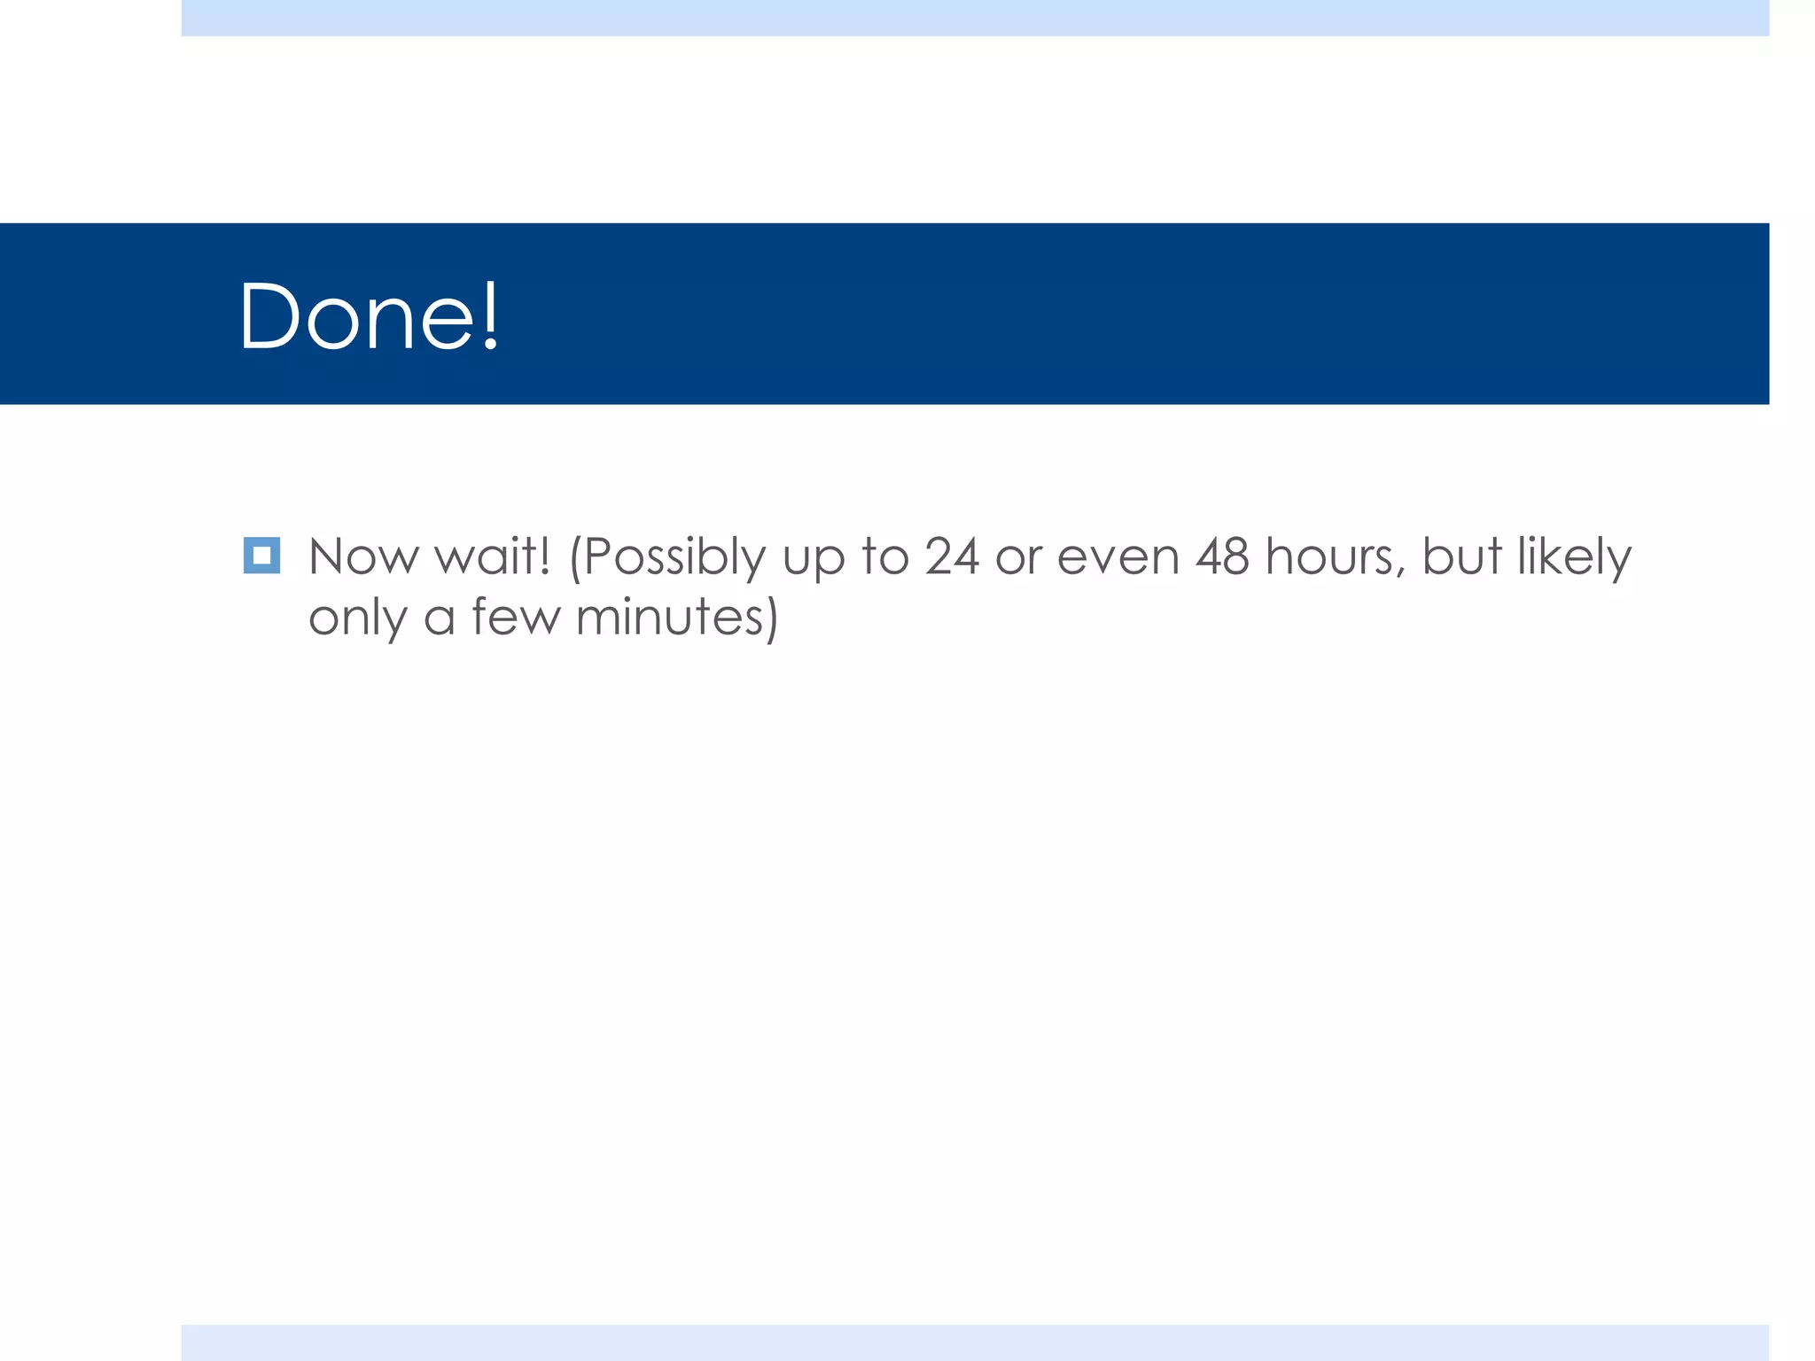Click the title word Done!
point(369,316)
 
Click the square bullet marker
point(261,556)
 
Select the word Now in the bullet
point(363,557)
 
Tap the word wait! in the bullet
point(493,557)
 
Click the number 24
point(952,557)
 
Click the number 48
point(1223,557)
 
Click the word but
point(1462,557)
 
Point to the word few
point(516,617)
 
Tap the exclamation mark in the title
point(490,316)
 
